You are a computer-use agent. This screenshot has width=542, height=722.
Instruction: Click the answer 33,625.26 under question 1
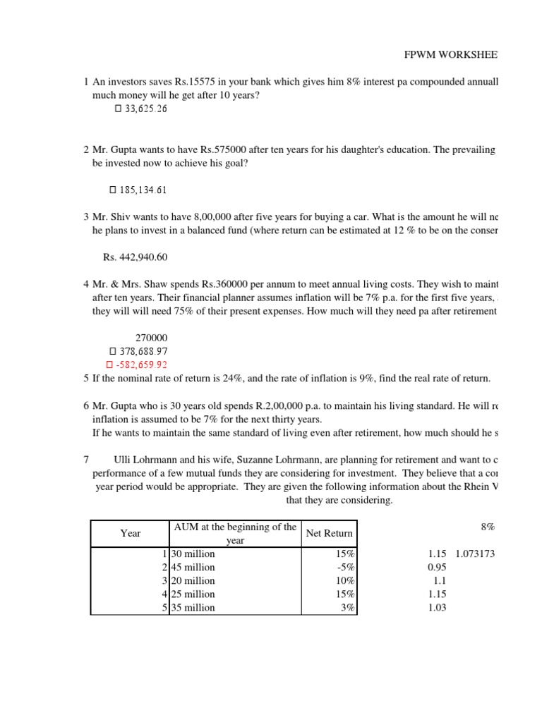pyautogui.click(x=145, y=109)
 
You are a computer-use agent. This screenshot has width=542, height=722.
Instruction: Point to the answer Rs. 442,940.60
pyautogui.click(x=135, y=257)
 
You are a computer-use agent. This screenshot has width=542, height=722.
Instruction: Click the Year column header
pyautogui.click(x=131, y=533)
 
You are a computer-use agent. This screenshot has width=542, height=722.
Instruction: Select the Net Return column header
pyautogui.click(x=330, y=533)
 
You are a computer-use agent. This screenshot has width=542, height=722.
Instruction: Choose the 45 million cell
pyautogui.click(x=193, y=567)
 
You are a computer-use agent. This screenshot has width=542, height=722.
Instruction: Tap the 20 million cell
pyautogui.click(x=193, y=580)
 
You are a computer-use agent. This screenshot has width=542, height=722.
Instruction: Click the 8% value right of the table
pyautogui.click(x=488, y=526)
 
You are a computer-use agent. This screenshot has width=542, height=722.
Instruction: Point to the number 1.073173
pyautogui.click(x=475, y=553)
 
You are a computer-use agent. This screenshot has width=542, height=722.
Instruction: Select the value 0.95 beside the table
pyautogui.click(x=437, y=567)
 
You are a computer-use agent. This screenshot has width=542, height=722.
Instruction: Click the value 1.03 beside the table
pyautogui.click(x=437, y=607)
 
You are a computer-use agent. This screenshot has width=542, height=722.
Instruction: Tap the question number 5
pyautogui.click(x=85, y=379)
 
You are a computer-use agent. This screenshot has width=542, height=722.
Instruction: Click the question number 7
pyautogui.click(x=85, y=459)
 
